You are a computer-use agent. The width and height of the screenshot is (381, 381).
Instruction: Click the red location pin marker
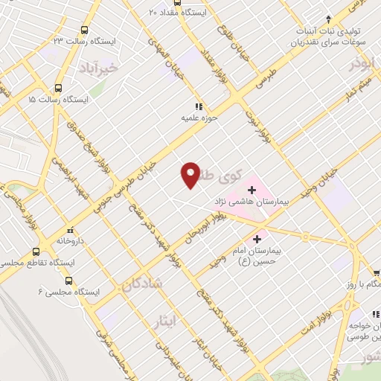point(190,174)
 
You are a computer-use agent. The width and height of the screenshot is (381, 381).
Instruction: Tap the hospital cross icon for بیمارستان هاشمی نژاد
point(251,190)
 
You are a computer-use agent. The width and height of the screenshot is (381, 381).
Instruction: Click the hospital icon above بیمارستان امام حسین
point(257,239)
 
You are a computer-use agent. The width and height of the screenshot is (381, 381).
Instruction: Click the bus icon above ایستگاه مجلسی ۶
point(69,281)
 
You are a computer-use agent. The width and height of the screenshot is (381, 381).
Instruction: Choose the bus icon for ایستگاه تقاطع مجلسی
point(34,252)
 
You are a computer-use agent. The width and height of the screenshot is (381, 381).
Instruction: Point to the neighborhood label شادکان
point(138,284)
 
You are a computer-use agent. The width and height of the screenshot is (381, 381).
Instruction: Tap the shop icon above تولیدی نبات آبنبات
point(328,19)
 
